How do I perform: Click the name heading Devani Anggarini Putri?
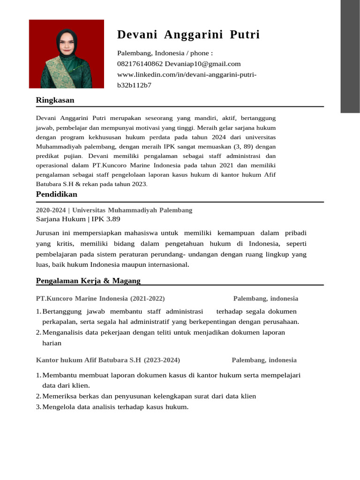188,35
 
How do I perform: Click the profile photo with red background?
67,54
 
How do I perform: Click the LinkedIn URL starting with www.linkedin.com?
187,75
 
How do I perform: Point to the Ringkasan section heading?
55,100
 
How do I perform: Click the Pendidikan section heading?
56,194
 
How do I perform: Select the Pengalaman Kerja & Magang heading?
88,281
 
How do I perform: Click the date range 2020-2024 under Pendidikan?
51,210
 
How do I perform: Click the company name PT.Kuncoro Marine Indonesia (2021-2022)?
100,299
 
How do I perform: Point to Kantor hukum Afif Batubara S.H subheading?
89,360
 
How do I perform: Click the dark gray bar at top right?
350,56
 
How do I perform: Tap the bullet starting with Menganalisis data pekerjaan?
163,332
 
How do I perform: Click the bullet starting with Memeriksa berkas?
149,396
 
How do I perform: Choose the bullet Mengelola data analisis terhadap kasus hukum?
115,407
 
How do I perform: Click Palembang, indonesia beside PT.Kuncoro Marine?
265,299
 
